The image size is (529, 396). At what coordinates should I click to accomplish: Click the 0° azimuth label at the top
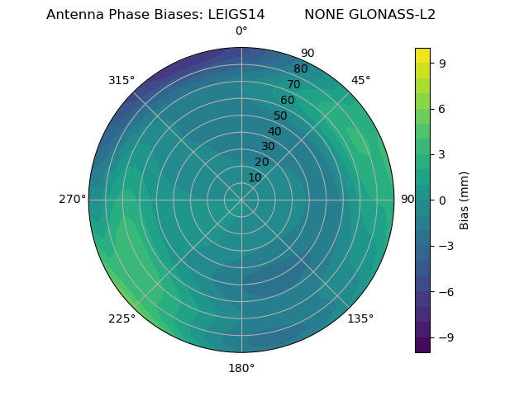point(241,31)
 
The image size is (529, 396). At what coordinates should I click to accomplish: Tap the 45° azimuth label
point(360,80)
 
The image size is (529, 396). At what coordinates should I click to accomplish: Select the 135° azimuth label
point(360,318)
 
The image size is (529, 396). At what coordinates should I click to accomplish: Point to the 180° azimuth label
point(241,368)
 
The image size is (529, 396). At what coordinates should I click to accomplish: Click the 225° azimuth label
point(122,318)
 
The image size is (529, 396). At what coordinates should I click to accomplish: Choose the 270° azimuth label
point(72,200)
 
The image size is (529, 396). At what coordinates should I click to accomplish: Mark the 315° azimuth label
point(122,80)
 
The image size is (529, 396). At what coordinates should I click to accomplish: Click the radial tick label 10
point(255,177)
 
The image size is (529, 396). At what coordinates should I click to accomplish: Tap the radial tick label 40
point(274,131)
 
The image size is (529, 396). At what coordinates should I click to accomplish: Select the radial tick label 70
point(293,84)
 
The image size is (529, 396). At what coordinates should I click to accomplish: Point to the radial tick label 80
point(300,68)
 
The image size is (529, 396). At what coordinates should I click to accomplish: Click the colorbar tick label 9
point(442,63)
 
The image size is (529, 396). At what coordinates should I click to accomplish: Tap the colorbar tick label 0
point(442,200)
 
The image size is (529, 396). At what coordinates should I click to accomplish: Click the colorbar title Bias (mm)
point(465,200)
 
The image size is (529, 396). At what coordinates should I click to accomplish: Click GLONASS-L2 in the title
point(394,15)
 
